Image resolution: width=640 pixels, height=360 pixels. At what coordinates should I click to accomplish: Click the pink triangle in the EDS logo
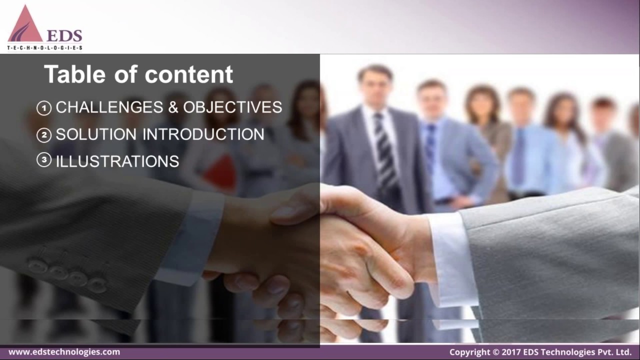pos(25,26)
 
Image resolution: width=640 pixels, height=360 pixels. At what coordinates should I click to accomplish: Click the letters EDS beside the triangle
pos(64,35)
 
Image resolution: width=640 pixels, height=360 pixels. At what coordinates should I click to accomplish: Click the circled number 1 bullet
pos(44,107)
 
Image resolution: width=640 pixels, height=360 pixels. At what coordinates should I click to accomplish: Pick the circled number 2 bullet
pos(44,134)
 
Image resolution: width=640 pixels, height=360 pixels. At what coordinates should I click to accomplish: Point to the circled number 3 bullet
pos(44,160)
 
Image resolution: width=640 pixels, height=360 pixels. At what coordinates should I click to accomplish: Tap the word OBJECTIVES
pos(232,107)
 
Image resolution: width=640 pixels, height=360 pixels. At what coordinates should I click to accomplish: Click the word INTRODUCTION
pos(203,134)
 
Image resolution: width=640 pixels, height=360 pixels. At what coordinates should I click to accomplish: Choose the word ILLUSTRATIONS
pos(117,161)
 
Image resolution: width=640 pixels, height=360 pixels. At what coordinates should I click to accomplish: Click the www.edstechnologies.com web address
pos(64,352)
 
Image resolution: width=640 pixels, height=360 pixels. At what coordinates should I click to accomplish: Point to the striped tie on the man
pos(385,150)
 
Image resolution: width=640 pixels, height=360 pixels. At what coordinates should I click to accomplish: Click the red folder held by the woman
pos(220,172)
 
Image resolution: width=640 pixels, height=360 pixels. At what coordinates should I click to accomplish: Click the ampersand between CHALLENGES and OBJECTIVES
pos(173,107)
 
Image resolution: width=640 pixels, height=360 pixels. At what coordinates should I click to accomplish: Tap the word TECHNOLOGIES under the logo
pos(45,48)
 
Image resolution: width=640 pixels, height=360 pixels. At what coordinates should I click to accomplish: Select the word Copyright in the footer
pos(469,352)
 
